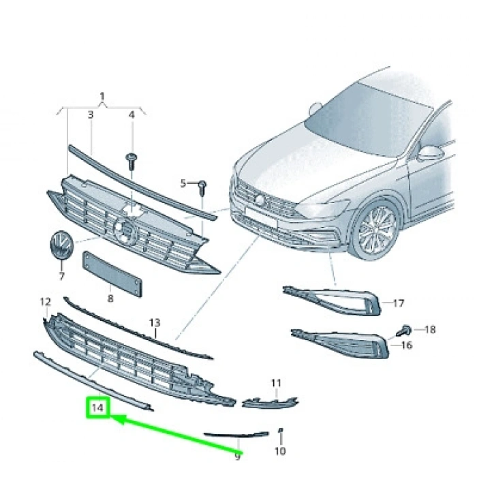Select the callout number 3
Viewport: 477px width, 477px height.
pyautogui.click(x=90, y=116)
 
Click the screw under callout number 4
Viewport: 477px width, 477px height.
pyautogui.click(x=132, y=161)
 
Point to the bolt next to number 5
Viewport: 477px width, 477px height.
pyautogui.click(x=203, y=185)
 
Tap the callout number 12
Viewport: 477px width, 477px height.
pyautogui.click(x=45, y=301)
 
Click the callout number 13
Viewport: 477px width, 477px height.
pyautogui.click(x=155, y=322)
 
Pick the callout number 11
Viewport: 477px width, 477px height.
pyautogui.click(x=275, y=384)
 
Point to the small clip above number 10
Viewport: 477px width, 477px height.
pyautogui.click(x=281, y=431)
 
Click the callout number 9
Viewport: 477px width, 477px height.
pyautogui.click(x=238, y=454)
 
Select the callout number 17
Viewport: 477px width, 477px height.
pyautogui.click(x=399, y=303)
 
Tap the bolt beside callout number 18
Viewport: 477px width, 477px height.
pyautogui.click(x=403, y=330)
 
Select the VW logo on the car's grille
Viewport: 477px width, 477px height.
pyautogui.click(x=259, y=198)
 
